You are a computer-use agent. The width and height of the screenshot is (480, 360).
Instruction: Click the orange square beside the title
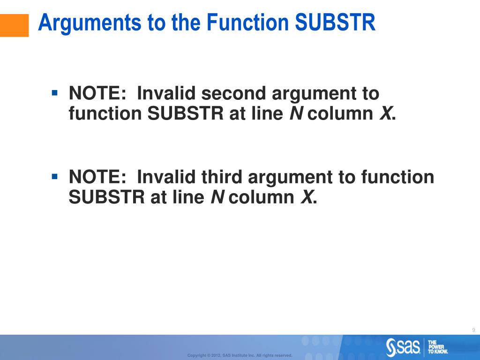14,25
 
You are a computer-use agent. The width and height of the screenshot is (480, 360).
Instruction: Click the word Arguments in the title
90,23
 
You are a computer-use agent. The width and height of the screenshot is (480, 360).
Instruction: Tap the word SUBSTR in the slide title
335,22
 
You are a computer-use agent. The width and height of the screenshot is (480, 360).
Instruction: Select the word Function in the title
248,22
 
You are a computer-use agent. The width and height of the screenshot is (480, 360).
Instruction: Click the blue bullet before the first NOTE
55,93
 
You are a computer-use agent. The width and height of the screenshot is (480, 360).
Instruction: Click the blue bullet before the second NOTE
55,177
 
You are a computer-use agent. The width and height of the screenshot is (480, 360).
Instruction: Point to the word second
233,93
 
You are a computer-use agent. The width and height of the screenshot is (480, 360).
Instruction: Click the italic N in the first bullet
296,113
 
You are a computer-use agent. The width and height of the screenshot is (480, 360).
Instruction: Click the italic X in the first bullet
386,113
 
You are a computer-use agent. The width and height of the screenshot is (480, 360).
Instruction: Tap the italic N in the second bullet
217,197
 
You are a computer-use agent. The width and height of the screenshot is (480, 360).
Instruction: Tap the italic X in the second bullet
307,197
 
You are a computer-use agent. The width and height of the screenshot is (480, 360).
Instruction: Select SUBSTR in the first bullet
186,113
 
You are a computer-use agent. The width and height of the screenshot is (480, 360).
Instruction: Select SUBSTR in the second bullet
107,197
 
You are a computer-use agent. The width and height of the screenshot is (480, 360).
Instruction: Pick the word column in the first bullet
340,113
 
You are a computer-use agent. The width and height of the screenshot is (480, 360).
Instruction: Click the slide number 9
473,330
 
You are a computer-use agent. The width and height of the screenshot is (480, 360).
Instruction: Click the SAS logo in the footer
403,347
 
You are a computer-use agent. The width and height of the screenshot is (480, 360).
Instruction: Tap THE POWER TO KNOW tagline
438,347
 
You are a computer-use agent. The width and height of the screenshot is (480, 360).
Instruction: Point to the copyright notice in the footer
240,355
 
